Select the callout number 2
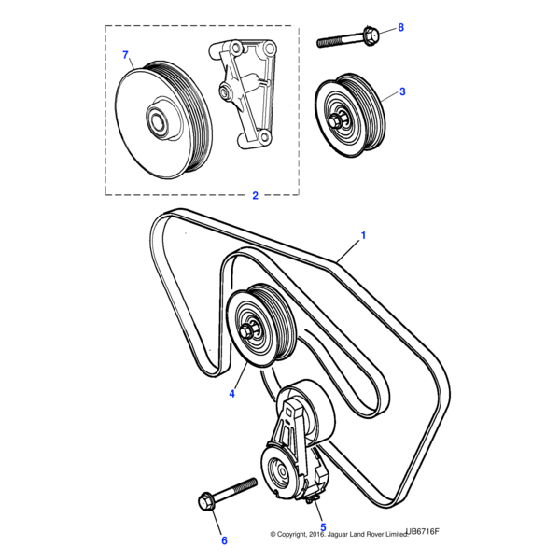click(255, 196)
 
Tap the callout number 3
click(401, 91)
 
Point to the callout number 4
click(232, 394)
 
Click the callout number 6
click(223, 539)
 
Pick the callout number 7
click(126, 56)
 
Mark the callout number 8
click(400, 28)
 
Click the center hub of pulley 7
click(156, 119)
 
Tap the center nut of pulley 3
click(335, 119)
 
